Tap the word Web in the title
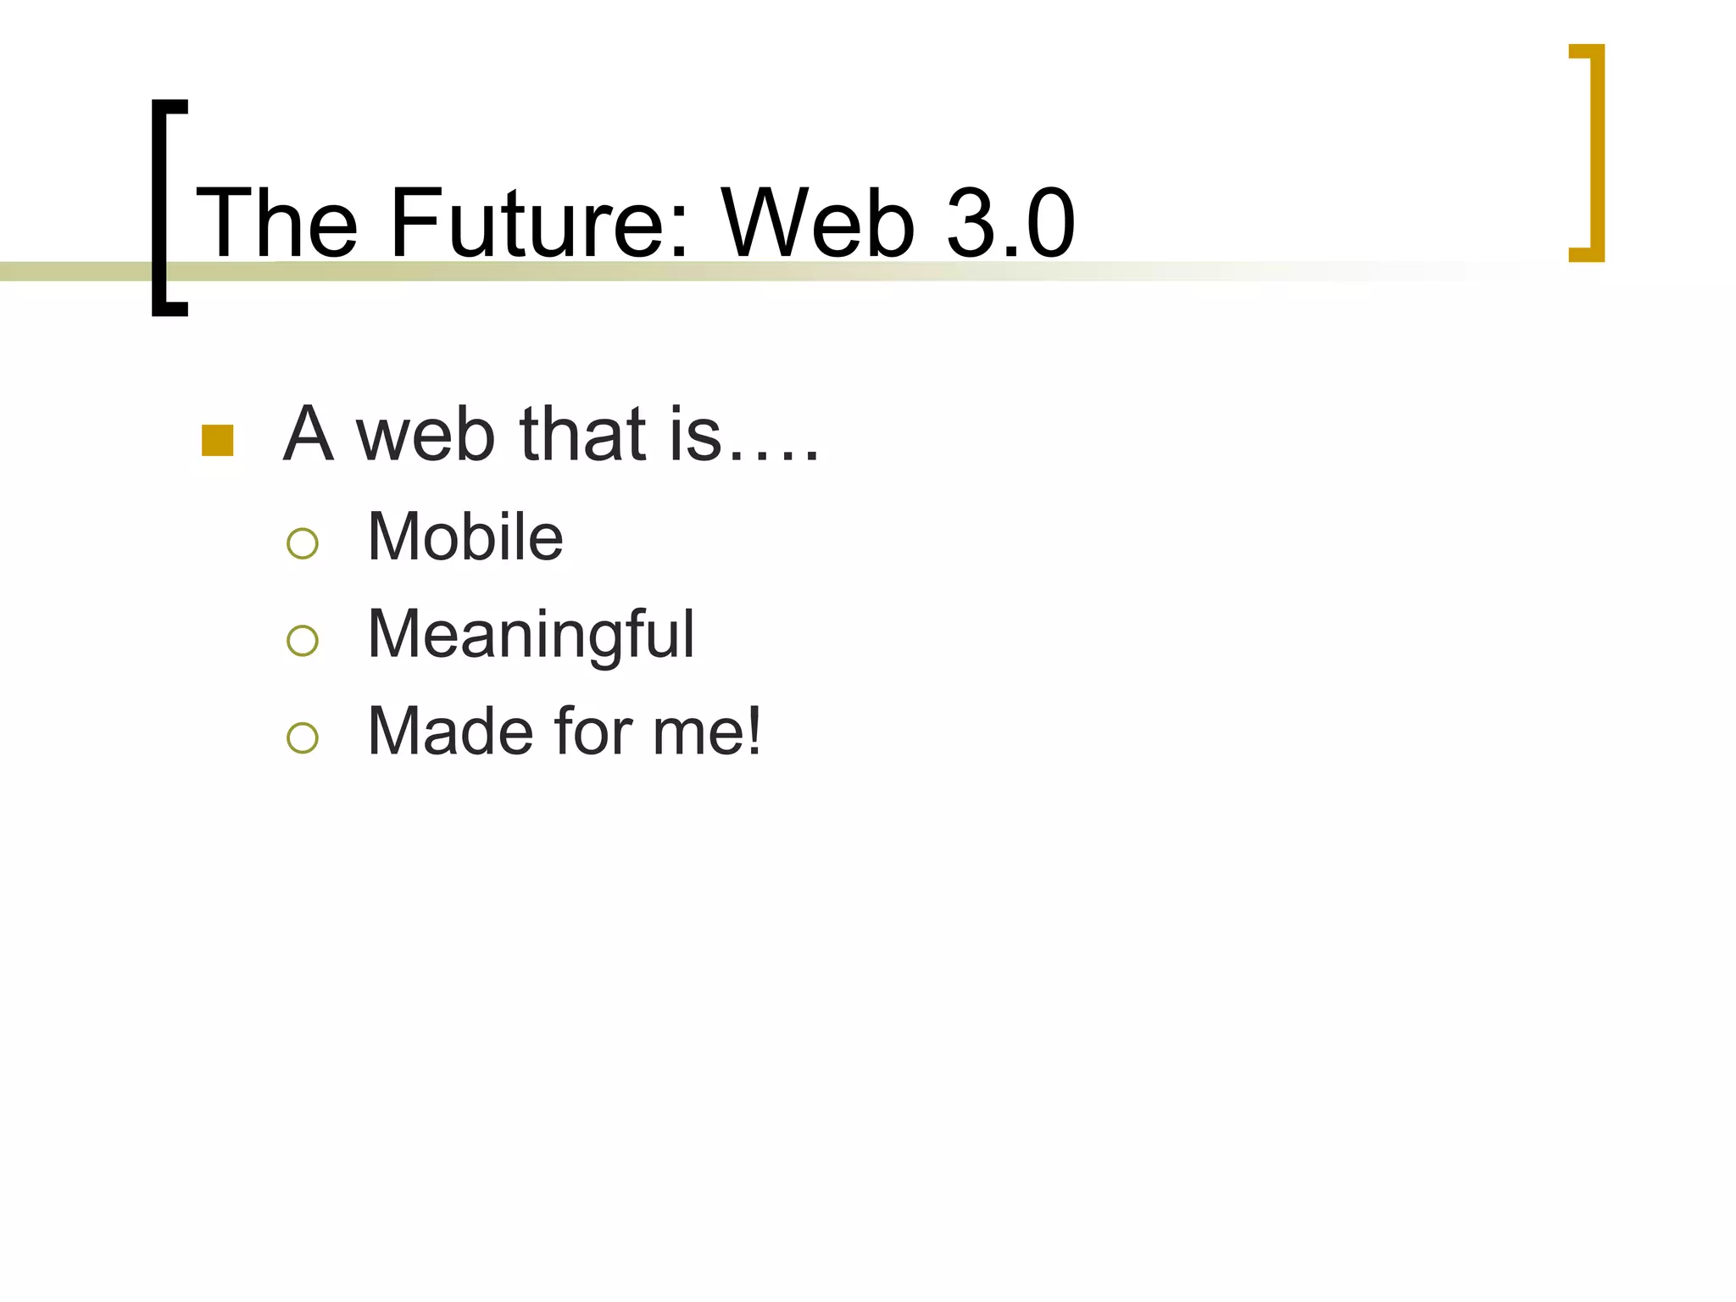coord(818,224)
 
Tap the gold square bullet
coord(218,441)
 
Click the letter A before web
coord(307,434)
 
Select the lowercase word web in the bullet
coord(425,436)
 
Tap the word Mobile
coord(465,537)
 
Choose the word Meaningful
coord(531,636)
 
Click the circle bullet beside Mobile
coord(303,543)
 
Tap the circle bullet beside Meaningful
coord(303,641)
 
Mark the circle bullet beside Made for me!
coord(303,737)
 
